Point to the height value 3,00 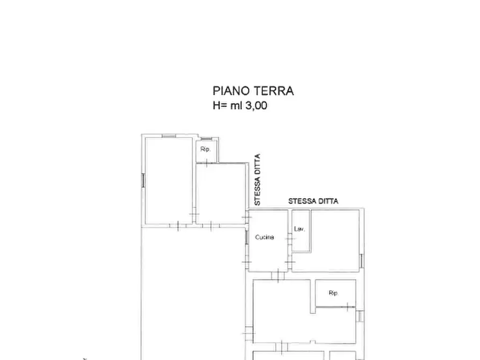pos(256,105)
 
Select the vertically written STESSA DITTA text pos(257,179)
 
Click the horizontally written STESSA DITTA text pos(313,201)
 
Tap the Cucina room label pos(264,237)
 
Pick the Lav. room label pos(299,229)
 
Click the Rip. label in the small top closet pos(205,149)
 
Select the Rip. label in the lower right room pos(333,293)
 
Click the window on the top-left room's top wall pos(169,136)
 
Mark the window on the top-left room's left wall pos(143,180)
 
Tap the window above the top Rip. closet pos(205,139)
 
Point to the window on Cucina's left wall pos(247,236)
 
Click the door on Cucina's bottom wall pos(277,276)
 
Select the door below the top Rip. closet pos(206,163)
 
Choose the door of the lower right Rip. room pos(348,307)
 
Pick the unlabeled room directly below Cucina pos(281,311)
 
